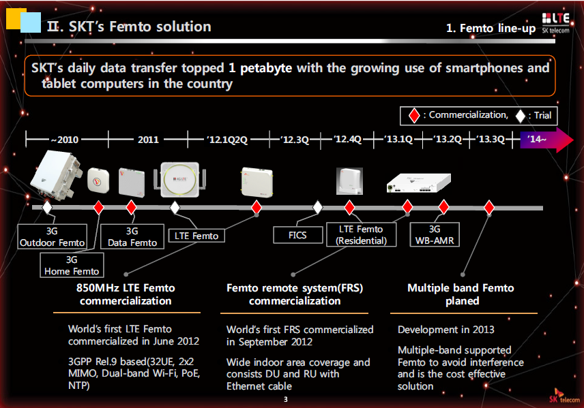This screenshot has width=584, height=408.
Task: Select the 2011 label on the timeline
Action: (x=148, y=140)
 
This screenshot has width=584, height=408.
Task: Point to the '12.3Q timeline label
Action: (x=295, y=140)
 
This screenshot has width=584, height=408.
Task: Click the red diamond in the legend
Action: (x=413, y=116)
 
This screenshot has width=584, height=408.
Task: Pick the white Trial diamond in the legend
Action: (x=520, y=116)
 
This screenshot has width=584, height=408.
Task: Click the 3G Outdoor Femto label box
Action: (x=53, y=237)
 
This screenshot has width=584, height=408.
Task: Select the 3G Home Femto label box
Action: (x=72, y=265)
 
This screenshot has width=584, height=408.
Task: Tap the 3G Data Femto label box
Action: (x=132, y=237)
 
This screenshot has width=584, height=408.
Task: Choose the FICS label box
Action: (x=297, y=236)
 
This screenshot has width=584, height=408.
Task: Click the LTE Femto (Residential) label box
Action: (x=361, y=234)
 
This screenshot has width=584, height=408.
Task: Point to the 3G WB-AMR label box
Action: (x=435, y=235)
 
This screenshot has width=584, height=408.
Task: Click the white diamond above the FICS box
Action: (x=317, y=206)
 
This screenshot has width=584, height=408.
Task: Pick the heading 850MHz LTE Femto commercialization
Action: (x=126, y=294)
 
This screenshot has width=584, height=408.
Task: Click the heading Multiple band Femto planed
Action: (x=461, y=294)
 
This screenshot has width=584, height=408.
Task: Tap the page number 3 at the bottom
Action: (x=286, y=398)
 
